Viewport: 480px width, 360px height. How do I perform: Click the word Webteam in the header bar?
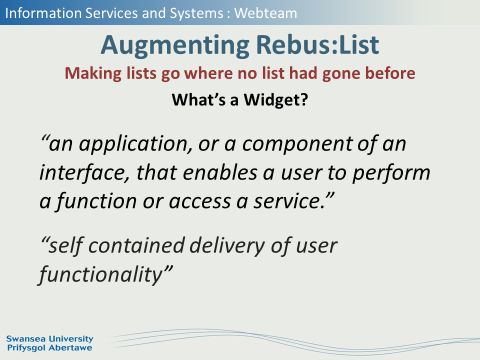pos(265,13)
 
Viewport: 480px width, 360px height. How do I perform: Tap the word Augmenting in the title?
pos(175,45)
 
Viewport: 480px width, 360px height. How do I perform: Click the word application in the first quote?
pos(133,144)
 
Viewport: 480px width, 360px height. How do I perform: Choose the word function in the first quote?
pos(96,201)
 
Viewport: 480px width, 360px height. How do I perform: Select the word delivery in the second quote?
pos(227,246)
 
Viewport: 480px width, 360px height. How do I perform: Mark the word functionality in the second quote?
pos(100,274)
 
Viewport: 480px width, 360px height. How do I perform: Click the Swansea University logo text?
pos(49,339)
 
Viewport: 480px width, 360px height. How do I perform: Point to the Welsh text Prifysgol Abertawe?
pos(49,348)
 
